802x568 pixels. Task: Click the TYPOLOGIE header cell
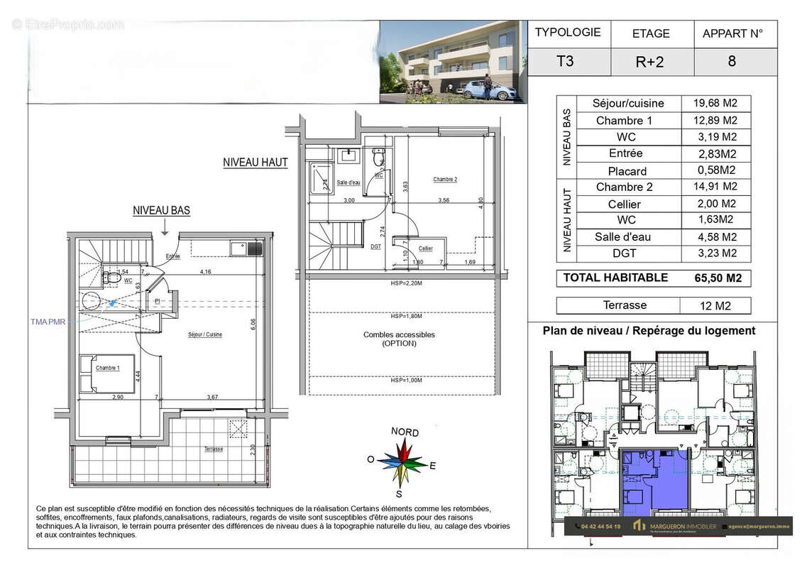point(567,33)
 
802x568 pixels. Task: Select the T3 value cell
point(566,61)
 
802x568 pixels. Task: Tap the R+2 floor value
point(650,62)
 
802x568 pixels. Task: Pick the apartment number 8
point(732,61)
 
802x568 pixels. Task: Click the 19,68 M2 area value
point(715,103)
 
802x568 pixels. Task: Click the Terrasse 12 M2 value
point(715,306)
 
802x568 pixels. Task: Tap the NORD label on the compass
point(405,432)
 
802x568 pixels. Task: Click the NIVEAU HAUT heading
point(256,163)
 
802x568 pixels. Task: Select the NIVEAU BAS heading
point(161,211)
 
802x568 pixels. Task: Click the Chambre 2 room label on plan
point(445,180)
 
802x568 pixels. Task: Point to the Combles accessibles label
point(399,339)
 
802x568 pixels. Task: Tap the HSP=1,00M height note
point(405,381)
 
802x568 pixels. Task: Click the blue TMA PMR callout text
point(48,322)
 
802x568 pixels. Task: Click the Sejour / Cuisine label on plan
point(205,334)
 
